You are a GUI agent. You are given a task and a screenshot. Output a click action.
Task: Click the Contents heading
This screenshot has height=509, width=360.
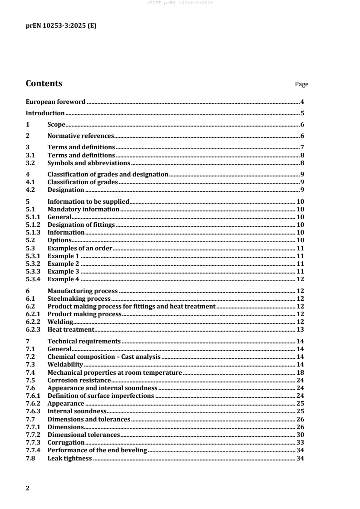[44, 83]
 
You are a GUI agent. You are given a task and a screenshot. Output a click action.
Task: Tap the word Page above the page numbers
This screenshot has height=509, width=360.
[301, 84]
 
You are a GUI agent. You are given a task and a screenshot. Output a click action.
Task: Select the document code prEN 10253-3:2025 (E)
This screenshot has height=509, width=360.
[61, 26]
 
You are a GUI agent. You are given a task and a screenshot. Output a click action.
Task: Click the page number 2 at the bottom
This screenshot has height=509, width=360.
[28, 489]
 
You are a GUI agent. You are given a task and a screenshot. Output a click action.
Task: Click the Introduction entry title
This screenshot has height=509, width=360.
[45, 113]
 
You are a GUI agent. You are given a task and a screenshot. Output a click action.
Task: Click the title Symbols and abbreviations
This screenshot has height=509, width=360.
[89, 163]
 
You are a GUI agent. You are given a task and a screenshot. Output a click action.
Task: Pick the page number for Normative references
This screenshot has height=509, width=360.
[302, 136]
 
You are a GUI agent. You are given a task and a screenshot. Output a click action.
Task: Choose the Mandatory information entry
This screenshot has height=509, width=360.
[84, 210]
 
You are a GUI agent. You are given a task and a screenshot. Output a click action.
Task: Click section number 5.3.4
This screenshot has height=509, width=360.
[34, 279]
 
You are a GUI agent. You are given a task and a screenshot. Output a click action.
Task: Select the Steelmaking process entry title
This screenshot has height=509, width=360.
[79, 299]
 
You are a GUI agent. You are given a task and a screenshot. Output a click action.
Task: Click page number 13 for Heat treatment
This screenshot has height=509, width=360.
[300, 329]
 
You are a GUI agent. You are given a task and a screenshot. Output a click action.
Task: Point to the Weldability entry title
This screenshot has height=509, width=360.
[65, 364]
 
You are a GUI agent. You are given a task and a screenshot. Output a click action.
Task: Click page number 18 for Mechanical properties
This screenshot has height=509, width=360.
[300, 372]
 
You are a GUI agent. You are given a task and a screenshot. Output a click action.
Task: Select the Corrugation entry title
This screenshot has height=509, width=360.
[66, 442]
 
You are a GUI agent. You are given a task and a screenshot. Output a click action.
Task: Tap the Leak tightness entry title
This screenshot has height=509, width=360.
[70, 459]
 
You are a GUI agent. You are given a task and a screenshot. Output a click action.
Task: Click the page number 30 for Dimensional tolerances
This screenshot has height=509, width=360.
[300, 435]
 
